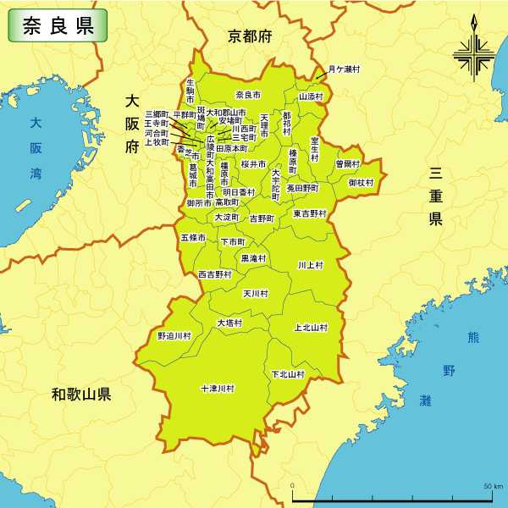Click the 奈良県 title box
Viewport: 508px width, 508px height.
click(58, 26)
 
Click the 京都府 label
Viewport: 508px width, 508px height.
click(250, 36)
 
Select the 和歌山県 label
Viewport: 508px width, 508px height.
click(80, 394)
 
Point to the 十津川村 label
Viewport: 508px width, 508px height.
click(218, 389)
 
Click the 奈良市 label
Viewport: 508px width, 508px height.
click(248, 94)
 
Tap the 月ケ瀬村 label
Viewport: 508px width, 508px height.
click(345, 69)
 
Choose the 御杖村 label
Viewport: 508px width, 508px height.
click(361, 182)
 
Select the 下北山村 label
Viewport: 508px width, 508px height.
click(288, 373)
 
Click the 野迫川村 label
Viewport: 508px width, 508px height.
click(174, 336)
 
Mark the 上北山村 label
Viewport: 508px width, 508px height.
click(311, 327)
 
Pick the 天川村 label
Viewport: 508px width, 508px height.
click(256, 294)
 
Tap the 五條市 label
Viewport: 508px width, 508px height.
click(193, 238)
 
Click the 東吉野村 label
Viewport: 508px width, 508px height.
click(310, 213)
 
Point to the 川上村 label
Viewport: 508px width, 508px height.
click(311, 265)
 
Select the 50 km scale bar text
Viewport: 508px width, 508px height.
click(493, 486)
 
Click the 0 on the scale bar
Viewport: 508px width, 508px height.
click(293, 486)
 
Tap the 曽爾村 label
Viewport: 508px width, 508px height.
click(347, 163)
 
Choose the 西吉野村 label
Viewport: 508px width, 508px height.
click(215, 274)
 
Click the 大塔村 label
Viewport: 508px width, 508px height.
click(229, 323)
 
